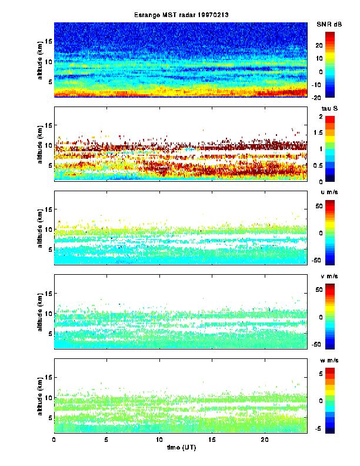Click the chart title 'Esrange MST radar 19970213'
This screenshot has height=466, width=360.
click(181, 15)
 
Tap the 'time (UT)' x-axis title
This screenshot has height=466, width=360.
click(181, 448)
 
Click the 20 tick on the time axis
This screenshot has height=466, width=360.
click(265, 440)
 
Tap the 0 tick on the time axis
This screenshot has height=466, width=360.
click(54, 440)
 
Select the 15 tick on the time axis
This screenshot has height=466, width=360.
click(212, 440)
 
